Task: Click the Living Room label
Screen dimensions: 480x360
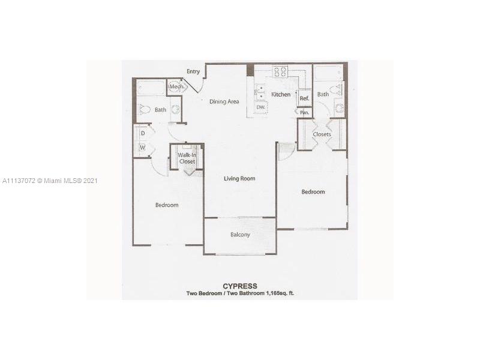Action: point(239,178)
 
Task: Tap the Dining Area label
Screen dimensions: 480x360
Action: point(224,101)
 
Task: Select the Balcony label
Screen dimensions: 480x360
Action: point(241,235)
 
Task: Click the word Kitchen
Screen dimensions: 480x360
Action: point(281,94)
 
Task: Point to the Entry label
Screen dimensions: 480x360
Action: point(193,71)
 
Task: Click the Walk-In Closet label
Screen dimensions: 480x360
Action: point(187,158)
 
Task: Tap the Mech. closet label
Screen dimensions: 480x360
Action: point(177,86)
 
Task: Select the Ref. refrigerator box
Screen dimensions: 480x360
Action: point(305,97)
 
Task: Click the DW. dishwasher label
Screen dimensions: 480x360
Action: point(261,107)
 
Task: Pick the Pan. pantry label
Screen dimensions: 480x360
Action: point(304,113)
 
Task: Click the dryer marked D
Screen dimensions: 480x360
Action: point(143,133)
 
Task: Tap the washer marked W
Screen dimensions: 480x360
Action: point(143,148)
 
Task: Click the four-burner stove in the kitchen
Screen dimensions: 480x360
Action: point(280,71)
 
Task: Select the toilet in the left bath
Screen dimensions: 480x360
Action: point(145,109)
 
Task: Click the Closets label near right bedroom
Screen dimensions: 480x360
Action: point(322,134)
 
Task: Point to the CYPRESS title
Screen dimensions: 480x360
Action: point(239,286)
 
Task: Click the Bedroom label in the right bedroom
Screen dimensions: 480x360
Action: point(313,191)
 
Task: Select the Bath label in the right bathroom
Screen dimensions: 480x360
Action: point(323,94)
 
